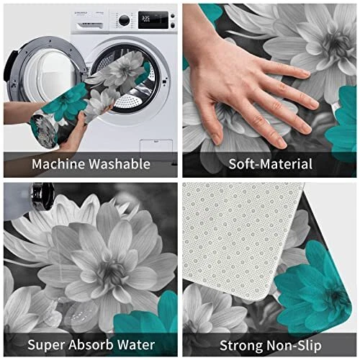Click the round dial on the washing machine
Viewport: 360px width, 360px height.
click(x=124, y=20)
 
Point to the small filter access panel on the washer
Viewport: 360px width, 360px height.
click(x=156, y=145)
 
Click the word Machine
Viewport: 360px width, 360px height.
click(x=59, y=164)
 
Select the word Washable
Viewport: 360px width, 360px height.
click(x=120, y=164)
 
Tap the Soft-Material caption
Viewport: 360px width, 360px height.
click(x=270, y=164)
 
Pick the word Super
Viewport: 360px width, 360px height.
click(x=47, y=346)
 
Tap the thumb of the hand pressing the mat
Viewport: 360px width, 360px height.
click(x=214, y=125)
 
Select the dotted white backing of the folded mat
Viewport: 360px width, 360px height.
click(x=240, y=238)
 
